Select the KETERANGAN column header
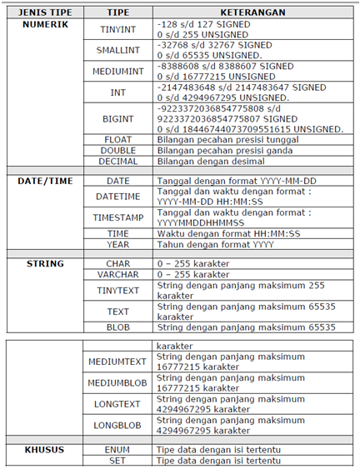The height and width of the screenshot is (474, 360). click(x=247, y=13)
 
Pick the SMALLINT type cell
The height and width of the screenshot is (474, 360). click(x=118, y=50)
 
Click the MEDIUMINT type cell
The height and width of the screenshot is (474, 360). click(x=118, y=71)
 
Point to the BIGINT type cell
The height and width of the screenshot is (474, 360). click(x=118, y=119)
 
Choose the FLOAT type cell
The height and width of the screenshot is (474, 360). click(x=118, y=140)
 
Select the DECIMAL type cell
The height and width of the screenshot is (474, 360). click(x=118, y=161)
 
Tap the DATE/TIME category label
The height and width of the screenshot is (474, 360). click(x=46, y=180)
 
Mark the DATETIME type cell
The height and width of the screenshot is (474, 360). click(x=118, y=197)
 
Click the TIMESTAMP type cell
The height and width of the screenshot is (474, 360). click(x=118, y=217)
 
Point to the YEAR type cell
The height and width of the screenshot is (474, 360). click(x=118, y=244)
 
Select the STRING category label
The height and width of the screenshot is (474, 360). click(x=46, y=263)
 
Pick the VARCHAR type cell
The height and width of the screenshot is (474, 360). click(x=118, y=274)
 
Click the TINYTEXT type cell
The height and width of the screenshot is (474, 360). click(x=118, y=290)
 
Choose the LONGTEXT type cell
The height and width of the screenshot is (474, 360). click(x=118, y=403)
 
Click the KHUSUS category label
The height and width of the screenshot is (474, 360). click(x=46, y=450)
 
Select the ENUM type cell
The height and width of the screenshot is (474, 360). click(x=118, y=450)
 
